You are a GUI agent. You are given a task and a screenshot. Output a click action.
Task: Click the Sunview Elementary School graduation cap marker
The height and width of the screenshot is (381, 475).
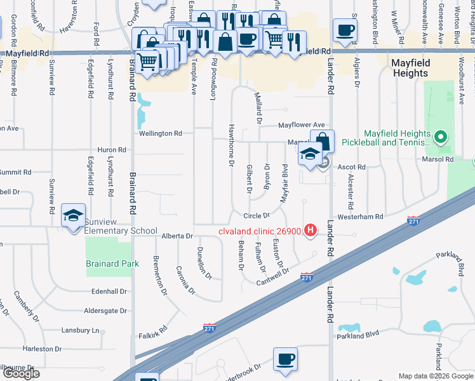coord(73,215)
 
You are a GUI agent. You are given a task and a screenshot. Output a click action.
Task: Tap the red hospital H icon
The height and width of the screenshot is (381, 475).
coord(311,230)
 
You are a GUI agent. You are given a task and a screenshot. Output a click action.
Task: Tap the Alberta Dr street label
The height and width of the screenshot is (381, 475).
coord(177,236)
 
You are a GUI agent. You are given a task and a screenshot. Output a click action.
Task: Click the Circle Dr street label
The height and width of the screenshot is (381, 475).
coord(257,216)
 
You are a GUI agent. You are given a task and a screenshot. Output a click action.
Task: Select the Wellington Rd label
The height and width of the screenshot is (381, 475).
coord(161,133)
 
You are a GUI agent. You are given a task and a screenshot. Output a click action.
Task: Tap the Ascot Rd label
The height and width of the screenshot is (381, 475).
coord(352,167)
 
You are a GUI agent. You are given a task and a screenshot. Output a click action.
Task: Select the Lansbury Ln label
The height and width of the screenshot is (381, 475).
coord(81,330)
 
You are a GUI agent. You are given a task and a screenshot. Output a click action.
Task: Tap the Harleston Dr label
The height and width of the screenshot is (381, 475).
coord(41,349)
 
